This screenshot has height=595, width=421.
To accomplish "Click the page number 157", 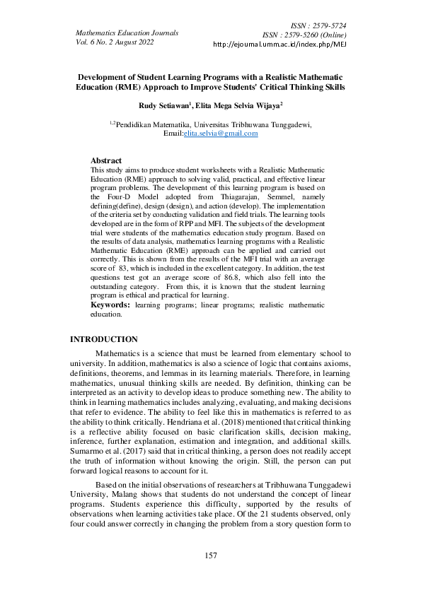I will tap(210, 556).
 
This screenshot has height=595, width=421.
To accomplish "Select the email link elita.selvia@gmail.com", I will tap(221, 133).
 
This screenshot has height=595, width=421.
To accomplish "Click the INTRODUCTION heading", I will tap(103, 340).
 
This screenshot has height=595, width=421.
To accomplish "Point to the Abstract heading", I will tap(106, 160).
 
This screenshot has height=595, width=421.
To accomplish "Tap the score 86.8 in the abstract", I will tap(225, 280).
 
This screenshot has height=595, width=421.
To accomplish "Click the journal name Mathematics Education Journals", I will tap(127, 33).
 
